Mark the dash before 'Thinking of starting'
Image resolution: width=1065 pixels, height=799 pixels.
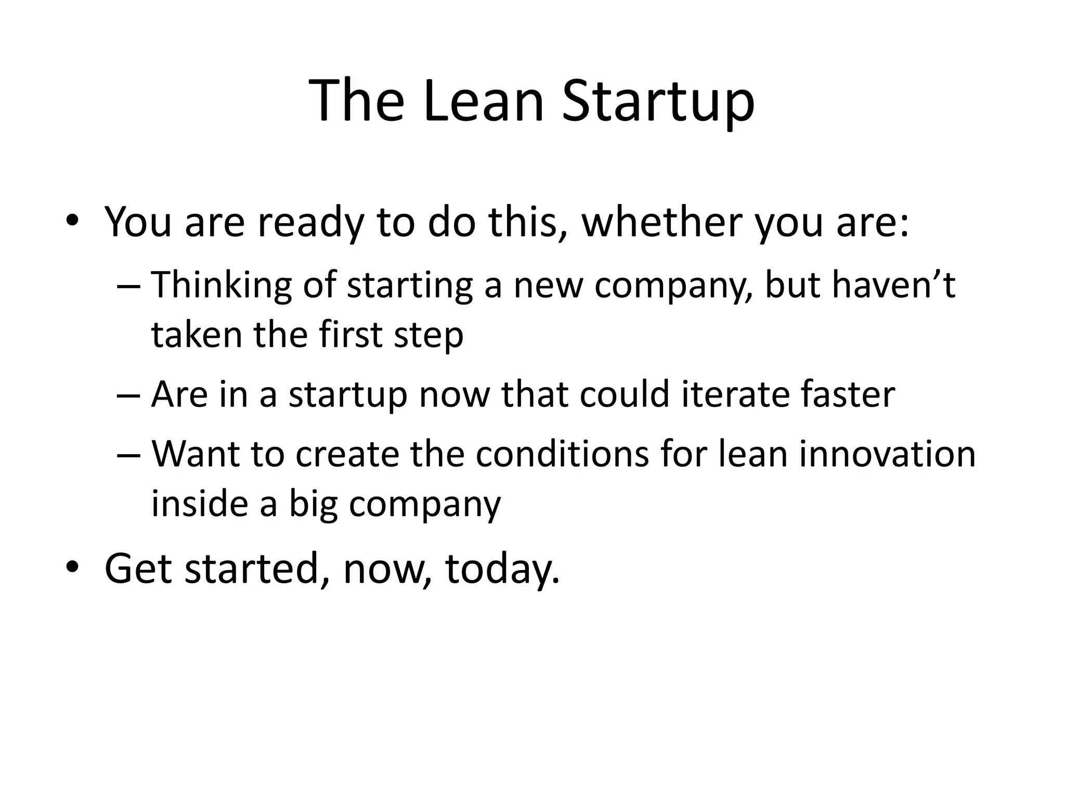click(x=128, y=286)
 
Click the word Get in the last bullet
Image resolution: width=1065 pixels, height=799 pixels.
click(x=138, y=568)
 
